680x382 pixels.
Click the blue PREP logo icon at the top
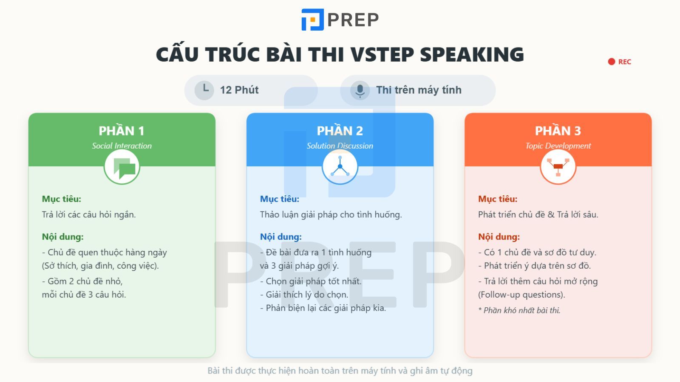tap(312, 20)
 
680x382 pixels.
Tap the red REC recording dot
tap(612, 62)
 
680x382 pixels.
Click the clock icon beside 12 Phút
tap(204, 90)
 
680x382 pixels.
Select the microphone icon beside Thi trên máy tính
tap(360, 90)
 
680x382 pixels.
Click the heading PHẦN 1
tap(122, 131)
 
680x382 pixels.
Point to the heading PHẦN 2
tap(340, 131)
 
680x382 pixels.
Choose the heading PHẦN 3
tap(558, 131)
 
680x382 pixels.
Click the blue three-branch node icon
tap(340, 167)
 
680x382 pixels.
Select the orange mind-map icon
tap(558, 167)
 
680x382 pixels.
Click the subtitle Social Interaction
tap(122, 146)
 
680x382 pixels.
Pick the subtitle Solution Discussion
tap(340, 146)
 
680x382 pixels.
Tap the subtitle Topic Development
tap(558, 146)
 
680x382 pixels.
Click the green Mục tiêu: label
tap(61, 199)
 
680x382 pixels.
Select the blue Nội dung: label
tap(280, 236)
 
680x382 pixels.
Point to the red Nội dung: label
tap(499, 236)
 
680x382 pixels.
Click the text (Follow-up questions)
tap(521, 295)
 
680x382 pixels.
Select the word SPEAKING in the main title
tap(472, 54)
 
